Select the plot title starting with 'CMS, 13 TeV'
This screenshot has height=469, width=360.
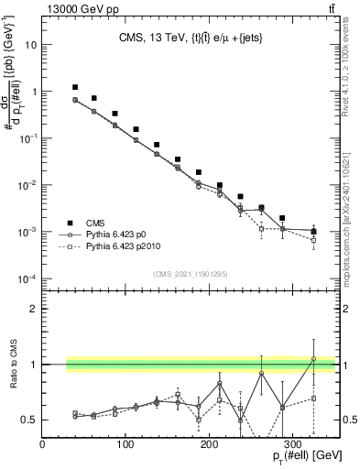[189, 38]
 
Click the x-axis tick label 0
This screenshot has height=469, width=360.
[43, 444]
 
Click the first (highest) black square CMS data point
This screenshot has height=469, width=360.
[76, 87]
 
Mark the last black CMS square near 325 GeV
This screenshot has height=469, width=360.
[313, 231]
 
